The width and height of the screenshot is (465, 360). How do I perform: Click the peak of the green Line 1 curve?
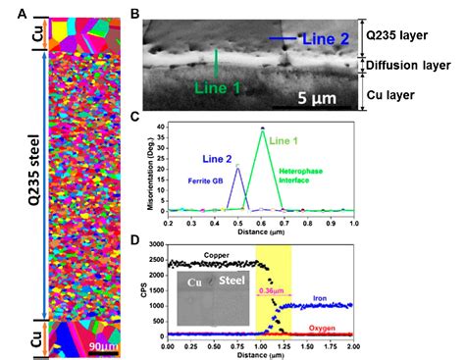tap(262, 129)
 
